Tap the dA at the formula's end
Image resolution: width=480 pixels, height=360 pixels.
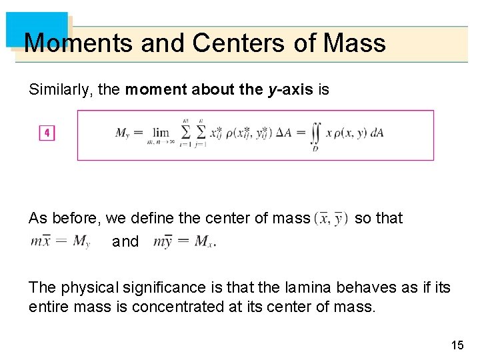[x=377, y=133]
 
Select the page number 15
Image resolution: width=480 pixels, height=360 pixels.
[x=457, y=345]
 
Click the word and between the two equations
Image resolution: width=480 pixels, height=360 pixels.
[x=125, y=241]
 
